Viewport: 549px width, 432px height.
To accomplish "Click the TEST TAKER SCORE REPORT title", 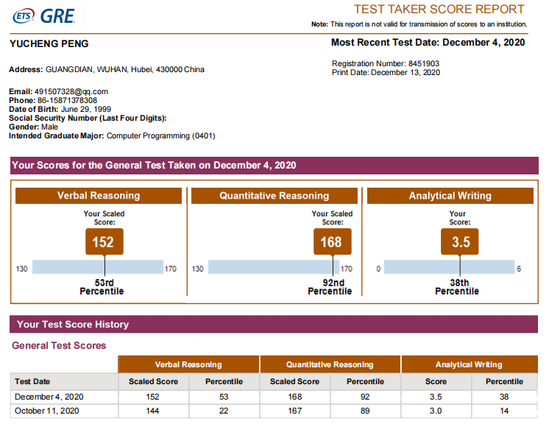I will (x=439, y=10).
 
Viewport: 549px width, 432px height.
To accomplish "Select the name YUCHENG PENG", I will (x=49, y=44).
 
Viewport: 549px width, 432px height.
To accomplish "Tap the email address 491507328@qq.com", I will (x=71, y=92).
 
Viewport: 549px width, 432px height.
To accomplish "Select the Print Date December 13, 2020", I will (x=405, y=73).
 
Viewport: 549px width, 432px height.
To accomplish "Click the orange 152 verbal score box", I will (x=103, y=241).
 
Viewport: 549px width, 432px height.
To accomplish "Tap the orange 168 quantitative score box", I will (x=331, y=241).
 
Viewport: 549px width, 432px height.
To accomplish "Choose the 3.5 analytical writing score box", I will (x=460, y=241).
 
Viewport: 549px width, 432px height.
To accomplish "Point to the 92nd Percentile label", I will (x=330, y=287).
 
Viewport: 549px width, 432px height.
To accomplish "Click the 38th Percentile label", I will (x=457, y=287).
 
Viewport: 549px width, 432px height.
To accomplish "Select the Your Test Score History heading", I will (x=73, y=325).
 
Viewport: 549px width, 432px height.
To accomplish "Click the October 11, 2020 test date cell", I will (x=46, y=411).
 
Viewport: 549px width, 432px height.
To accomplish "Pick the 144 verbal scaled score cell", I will (x=153, y=411).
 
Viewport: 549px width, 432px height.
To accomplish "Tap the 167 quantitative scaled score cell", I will (x=294, y=411).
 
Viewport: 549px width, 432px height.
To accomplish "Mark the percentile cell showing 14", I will (x=504, y=411).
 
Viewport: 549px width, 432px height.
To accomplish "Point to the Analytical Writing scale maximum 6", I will (x=518, y=269).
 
